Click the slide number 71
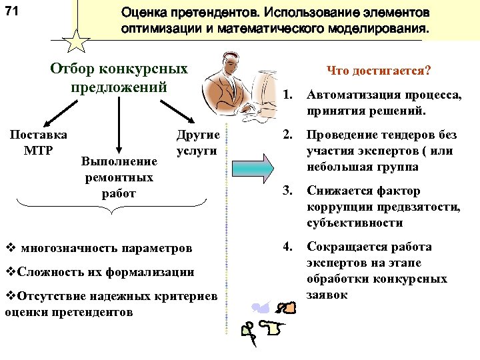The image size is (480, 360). tap(11, 11)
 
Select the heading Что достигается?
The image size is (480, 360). tap(379, 71)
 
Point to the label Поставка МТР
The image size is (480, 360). tap(38, 142)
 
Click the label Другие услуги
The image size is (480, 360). tap(197, 142)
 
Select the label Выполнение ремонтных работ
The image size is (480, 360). tap(118, 177)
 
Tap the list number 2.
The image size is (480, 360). tap(288, 135)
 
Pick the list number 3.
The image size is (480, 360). tap(288, 191)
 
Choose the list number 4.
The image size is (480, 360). tap(288, 247)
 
